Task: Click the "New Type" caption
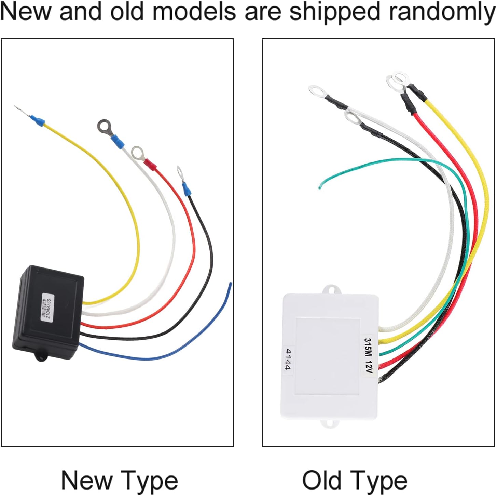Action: (120, 481)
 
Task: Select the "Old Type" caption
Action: (355, 481)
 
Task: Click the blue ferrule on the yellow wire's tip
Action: (38, 120)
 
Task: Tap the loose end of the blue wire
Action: (230, 284)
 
